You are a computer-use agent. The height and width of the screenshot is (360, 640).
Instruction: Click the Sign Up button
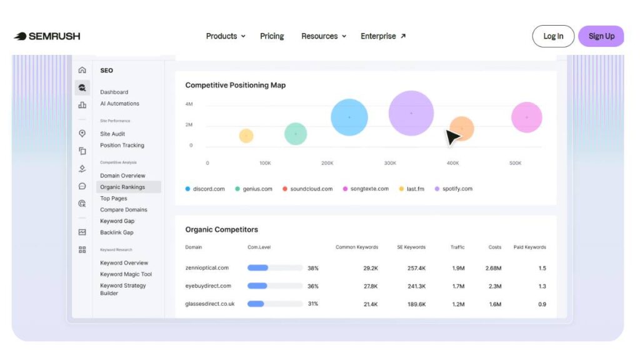click(601, 36)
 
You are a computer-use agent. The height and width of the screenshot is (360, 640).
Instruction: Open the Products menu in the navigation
click(225, 36)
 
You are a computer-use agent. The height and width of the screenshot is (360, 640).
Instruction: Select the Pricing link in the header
click(272, 36)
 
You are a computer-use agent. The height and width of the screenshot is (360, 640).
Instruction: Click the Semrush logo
click(47, 36)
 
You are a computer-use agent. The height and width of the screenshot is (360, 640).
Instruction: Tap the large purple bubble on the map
click(411, 113)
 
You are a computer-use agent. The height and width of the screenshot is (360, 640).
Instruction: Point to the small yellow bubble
click(246, 136)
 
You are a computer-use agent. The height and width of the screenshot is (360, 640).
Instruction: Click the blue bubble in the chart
click(349, 117)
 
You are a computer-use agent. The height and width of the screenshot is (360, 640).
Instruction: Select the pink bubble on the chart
click(526, 117)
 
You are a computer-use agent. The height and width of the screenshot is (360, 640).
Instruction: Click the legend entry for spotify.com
click(454, 189)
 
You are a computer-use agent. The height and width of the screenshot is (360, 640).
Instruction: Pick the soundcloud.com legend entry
click(307, 189)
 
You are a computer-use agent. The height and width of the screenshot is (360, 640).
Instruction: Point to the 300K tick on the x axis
click(390, 163)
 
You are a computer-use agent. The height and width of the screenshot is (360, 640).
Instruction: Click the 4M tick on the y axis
click(189, 104)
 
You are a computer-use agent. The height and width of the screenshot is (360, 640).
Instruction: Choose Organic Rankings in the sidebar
click(122, 187)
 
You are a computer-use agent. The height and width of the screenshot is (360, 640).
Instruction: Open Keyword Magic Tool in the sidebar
click(126, 274)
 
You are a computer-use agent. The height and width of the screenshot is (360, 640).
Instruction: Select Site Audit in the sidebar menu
click(112, 134)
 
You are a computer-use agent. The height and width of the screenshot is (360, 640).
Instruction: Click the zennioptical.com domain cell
click(207, 267)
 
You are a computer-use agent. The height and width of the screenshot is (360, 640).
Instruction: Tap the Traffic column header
click(457, 247)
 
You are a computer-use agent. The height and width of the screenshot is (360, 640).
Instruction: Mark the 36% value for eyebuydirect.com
click(313, 286)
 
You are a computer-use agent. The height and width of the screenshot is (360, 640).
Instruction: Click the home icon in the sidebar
click(82, 70)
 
